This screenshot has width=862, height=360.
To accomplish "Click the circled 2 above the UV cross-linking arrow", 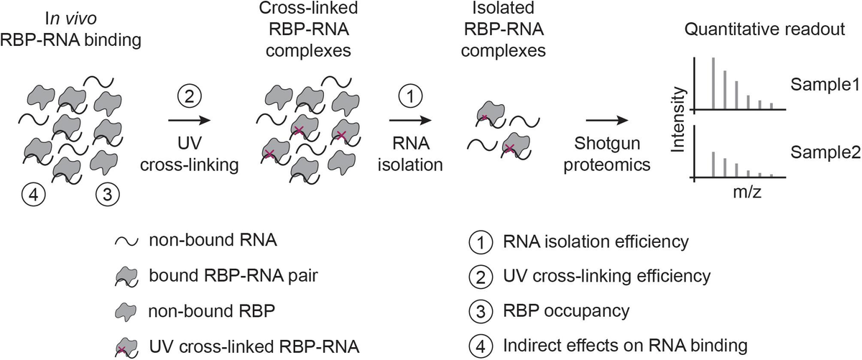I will [x=191, y=96].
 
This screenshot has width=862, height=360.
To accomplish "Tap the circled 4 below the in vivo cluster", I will [x=33, y=195].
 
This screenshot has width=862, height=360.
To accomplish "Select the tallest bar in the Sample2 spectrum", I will [x=713, y=163].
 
